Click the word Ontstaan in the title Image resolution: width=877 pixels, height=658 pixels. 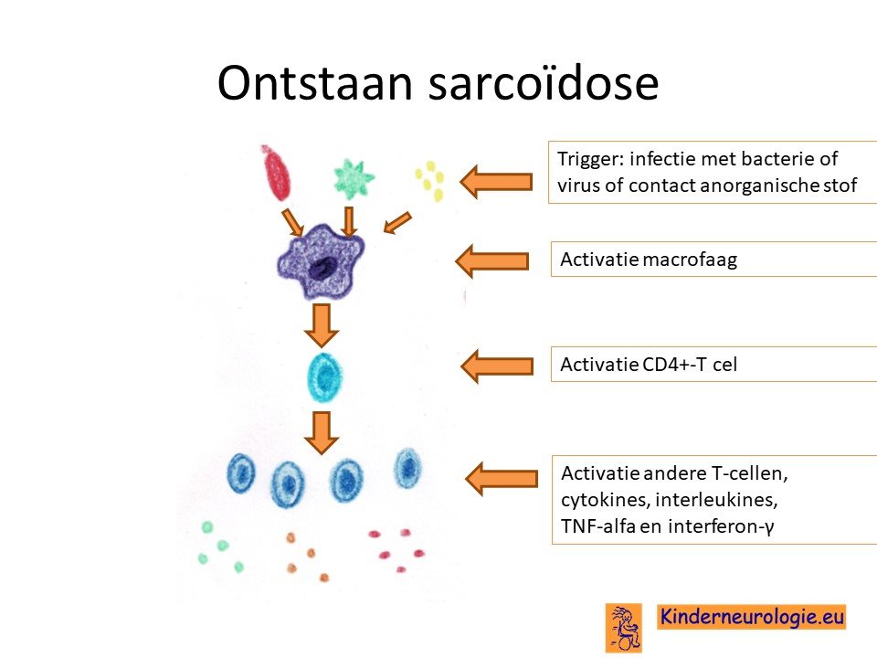point(315,83)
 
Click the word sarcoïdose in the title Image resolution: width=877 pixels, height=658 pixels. point(544,83)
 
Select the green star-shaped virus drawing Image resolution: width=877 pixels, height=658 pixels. point(354,179)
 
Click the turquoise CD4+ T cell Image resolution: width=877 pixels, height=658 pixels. point(324,377)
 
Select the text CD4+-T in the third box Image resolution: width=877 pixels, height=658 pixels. point(675,365)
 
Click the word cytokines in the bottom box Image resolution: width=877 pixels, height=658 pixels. point(605,500)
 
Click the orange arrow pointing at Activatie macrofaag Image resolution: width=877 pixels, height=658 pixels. point(492,260)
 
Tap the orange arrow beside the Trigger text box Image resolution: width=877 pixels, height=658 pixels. point(496,182)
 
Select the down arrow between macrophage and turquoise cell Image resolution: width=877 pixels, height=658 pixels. point(322,325)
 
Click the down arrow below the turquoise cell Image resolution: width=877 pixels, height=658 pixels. point(322,432)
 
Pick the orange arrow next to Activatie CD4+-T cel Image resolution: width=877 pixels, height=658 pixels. point(497,366)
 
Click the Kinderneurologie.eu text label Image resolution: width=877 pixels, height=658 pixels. point(751,617)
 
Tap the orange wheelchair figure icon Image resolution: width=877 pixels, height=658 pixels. point(624,628)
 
